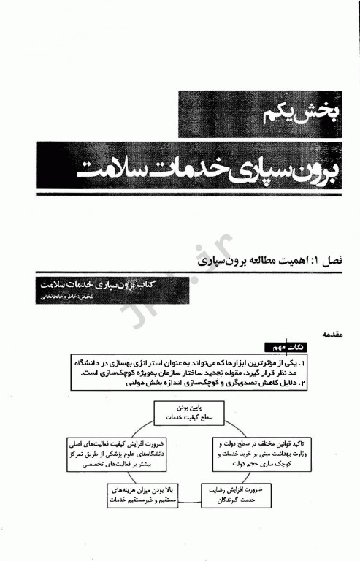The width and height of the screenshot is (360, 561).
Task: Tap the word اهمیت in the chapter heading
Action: [x=286, y=260]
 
